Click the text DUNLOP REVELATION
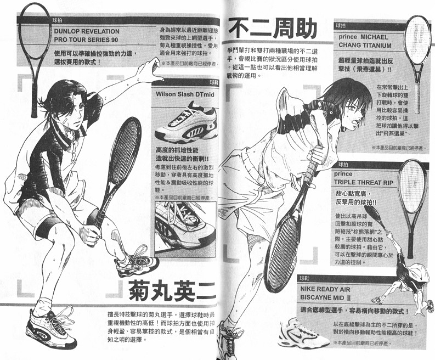pyautogui.click(x=87, y=32)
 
